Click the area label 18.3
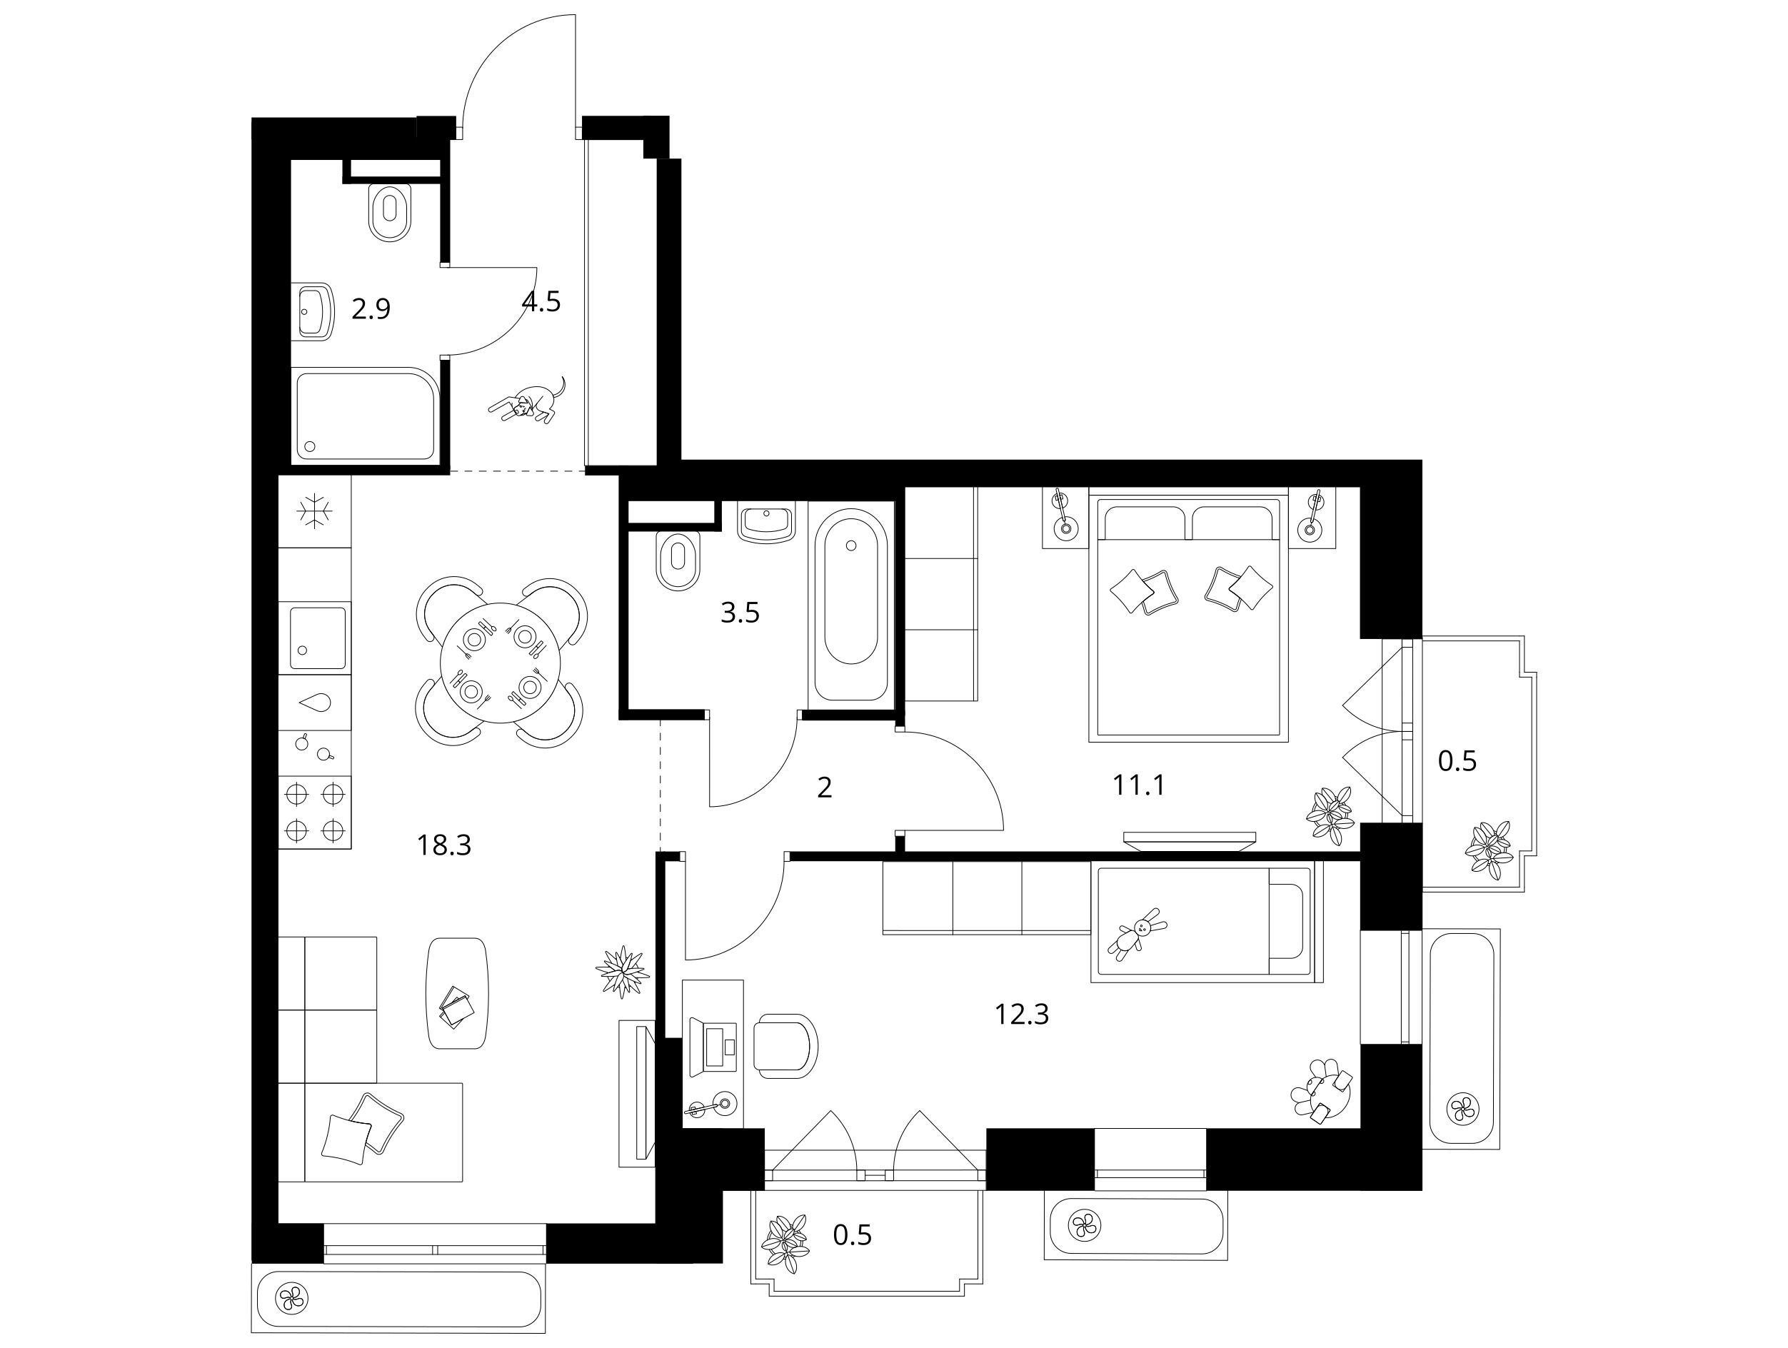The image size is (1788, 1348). [x=443, y=845]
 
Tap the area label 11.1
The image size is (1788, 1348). [x=1138, y=785]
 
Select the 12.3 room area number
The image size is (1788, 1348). [x=1022, y=1013]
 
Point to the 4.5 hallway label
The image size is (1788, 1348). [x=541, y=301]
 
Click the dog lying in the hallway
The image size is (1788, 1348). [x=527, y=401]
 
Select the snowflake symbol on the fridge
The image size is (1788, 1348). [x=314, y=511]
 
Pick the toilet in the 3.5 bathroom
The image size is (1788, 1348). [x=678, y=560]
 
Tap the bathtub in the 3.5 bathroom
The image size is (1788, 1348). [x=851, y=605]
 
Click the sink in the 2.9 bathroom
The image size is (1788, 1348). [x=315, y=311]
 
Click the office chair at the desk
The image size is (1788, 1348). [x=785, y=1046]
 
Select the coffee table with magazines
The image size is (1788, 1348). [x=458, y=993]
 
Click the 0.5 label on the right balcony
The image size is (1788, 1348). [x=1457, y=760]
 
